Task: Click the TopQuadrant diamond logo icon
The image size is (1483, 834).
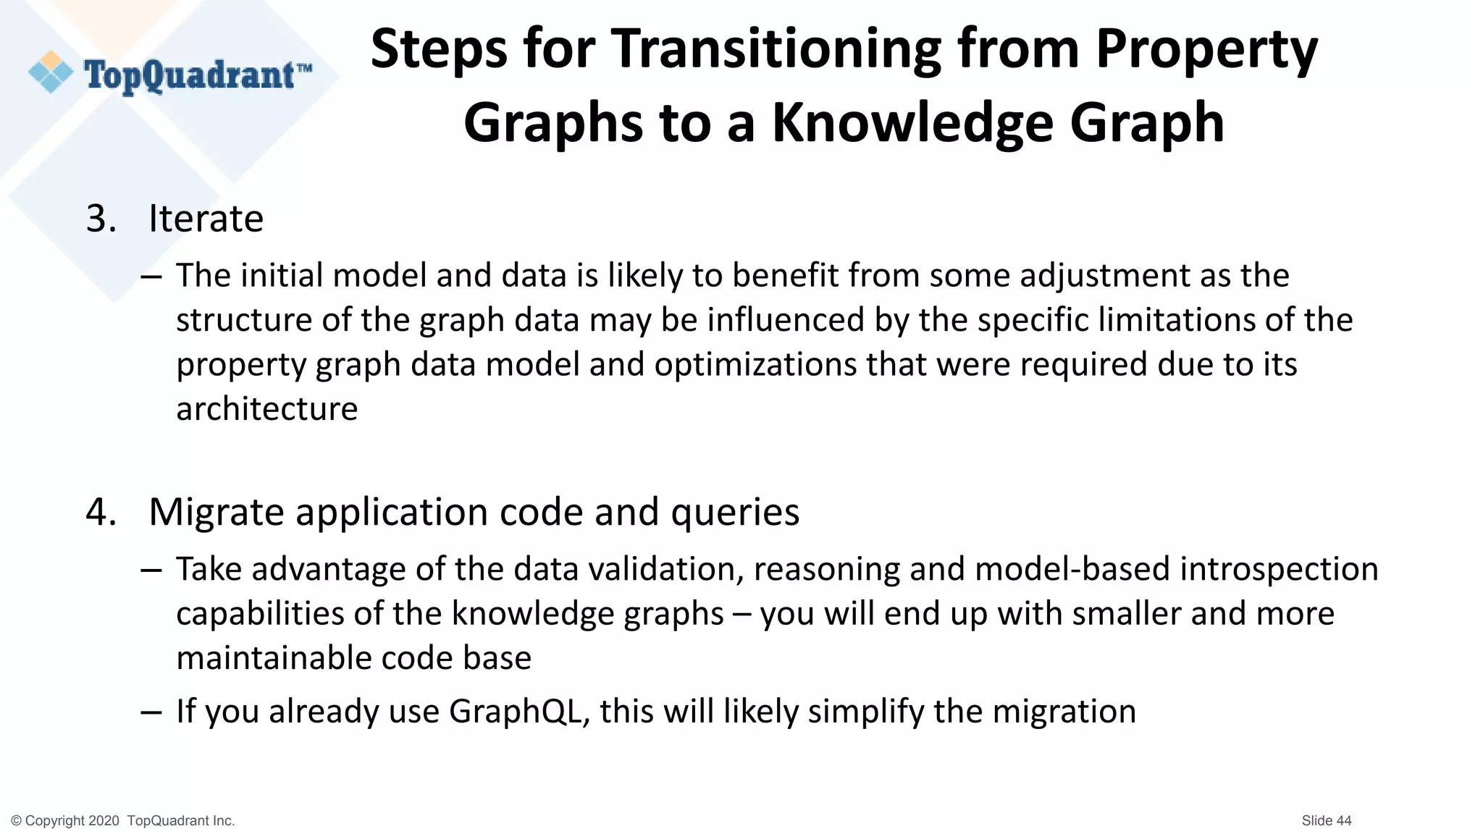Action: [51, 72]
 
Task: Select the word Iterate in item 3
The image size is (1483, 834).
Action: [206, 219]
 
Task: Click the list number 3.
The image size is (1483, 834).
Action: [101, 219]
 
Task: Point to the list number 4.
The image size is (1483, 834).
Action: [101, 513]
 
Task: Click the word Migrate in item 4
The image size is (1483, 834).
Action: [216, 513]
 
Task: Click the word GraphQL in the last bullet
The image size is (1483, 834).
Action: [515, 712]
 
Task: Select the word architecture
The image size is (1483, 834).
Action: [266, 409]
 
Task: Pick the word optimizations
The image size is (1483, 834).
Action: [755, 364]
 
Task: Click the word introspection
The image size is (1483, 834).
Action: [1279, 570]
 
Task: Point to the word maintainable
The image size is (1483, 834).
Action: [274, 658]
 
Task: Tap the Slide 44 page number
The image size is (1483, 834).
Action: [1326, 820]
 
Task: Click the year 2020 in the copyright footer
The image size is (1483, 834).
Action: [104, 821]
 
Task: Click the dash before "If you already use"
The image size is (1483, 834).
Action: [151, 712]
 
